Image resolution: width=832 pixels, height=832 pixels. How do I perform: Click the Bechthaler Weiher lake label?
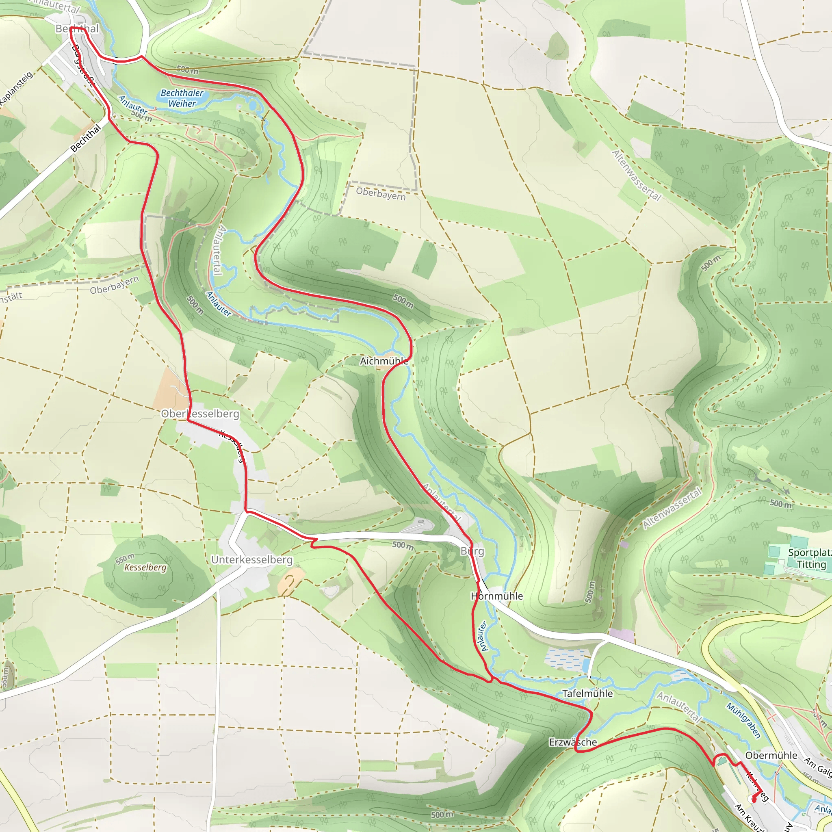(x=182, y=98)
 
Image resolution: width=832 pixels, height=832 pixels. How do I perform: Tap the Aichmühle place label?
(x=383, y=361)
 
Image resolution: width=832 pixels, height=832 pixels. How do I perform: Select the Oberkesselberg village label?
(x=200, y=414)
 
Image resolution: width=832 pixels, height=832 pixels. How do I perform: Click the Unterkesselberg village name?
(x=251, y=559)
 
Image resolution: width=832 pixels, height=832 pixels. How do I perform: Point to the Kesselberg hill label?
(x=145, y=567)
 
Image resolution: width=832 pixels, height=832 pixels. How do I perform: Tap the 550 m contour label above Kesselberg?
(x=125, y=559)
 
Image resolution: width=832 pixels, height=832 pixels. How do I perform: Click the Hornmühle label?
(x=496, y=596)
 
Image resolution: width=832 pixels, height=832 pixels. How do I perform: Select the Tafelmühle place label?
(x=587, y=693)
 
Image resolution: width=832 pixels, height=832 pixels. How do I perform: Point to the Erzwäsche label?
(x=573, y=742)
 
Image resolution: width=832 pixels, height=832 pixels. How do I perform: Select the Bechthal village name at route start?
(x=77, y=28)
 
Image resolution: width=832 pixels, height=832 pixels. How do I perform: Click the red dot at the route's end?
(x=754, y=799)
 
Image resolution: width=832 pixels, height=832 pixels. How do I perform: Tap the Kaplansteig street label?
(x=15, y=89)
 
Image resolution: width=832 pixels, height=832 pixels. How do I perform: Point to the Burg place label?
(x=472, y=551)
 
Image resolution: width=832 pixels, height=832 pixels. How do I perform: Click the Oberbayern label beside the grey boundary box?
(x=381, y=194)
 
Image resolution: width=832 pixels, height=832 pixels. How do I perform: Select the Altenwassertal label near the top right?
(x=636, y=175)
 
